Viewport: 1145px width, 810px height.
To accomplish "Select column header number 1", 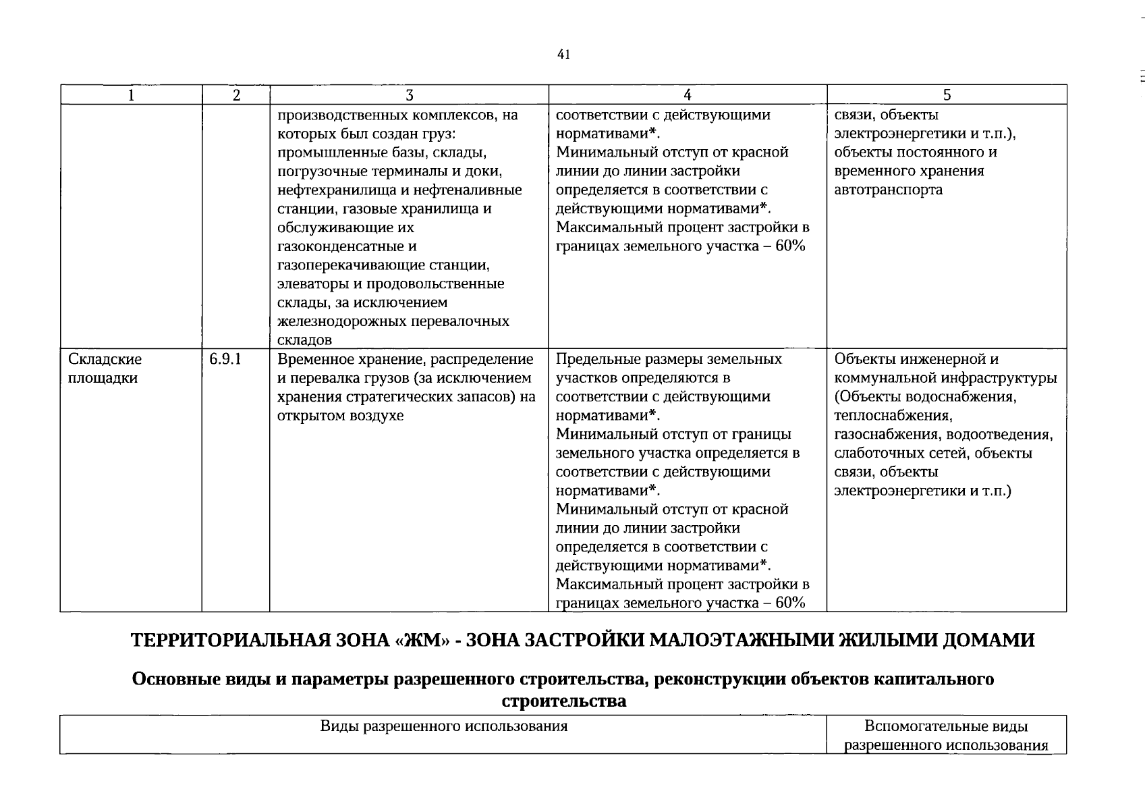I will click(x=131, y=96).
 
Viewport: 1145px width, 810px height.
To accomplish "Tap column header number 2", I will click(x=236, y=96).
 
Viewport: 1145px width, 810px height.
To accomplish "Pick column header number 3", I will click(x=409, y=96).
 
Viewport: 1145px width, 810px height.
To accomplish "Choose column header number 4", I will click(x=687, y=96).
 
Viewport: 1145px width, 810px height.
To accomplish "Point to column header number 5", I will click(x=947, y=96).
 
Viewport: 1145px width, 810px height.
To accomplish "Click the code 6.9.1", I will click(x=225, y=360).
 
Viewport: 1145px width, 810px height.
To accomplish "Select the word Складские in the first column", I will click(x=105, y=360).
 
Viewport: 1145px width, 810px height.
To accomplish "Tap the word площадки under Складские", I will click(x=103, y=379).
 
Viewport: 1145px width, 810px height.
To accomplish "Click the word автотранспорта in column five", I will click(x=888, y=190).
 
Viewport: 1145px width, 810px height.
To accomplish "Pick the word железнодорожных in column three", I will click(x=342, y=322).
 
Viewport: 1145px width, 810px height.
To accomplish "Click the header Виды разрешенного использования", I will click(x=443, y=727).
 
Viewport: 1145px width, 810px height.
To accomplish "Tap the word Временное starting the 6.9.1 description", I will click(x=311, y=360).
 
